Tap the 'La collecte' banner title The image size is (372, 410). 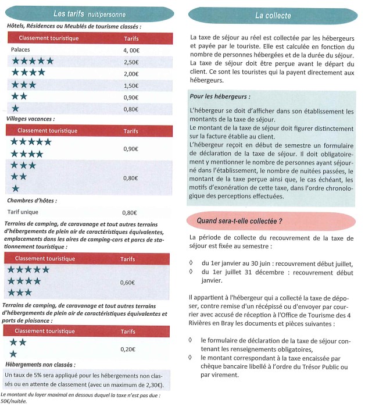coord(273,15)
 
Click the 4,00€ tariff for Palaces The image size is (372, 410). coord(131,51)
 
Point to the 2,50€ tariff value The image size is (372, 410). coord(131,62)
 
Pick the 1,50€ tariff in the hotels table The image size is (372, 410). coord(131,85)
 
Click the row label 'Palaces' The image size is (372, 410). coord(21,51)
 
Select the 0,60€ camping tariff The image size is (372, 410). coord(127,283)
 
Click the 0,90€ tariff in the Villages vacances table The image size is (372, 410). coord(130,149)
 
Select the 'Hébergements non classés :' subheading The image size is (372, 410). coord(40,364)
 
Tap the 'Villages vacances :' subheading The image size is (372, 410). coord(30,119)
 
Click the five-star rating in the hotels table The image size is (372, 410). coord(33,62)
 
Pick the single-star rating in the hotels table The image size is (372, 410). coord(15,109)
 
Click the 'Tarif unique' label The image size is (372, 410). coord(26,212)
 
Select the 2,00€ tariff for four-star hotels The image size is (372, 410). coord(131,74)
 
